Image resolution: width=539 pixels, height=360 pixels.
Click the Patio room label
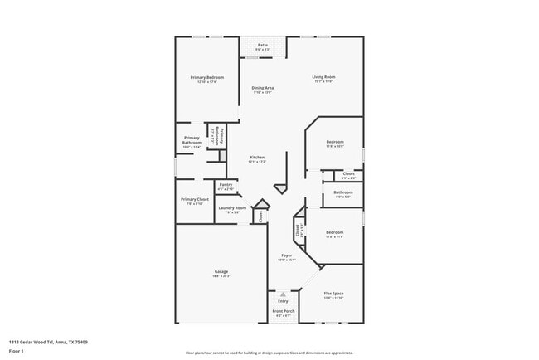[x=263, y=45]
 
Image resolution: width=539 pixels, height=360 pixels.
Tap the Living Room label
[x=324, y=77]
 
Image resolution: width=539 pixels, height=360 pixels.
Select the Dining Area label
[x=264, y=88]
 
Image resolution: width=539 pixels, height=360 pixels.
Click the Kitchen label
[x=257, y=158]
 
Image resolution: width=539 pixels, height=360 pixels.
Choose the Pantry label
[x=226, y=185]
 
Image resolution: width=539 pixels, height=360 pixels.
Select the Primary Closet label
[x=195, y=200]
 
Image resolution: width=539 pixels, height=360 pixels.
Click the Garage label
[x=221, y=271]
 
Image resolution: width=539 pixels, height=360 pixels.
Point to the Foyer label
[x=286, y=255]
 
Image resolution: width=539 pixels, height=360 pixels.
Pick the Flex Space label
[x=333, y=294]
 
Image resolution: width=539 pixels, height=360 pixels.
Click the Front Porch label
[x=284, y=311]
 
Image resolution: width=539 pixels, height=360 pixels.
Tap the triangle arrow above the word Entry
[x=283, y=294]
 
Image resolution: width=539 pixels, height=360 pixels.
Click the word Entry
[x=283, y=300]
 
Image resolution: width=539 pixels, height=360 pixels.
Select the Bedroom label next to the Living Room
[x=334, y=142]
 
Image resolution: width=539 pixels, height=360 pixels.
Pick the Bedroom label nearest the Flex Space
[x=334, y=232]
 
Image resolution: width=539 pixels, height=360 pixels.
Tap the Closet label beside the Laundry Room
[x=260, y=216]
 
